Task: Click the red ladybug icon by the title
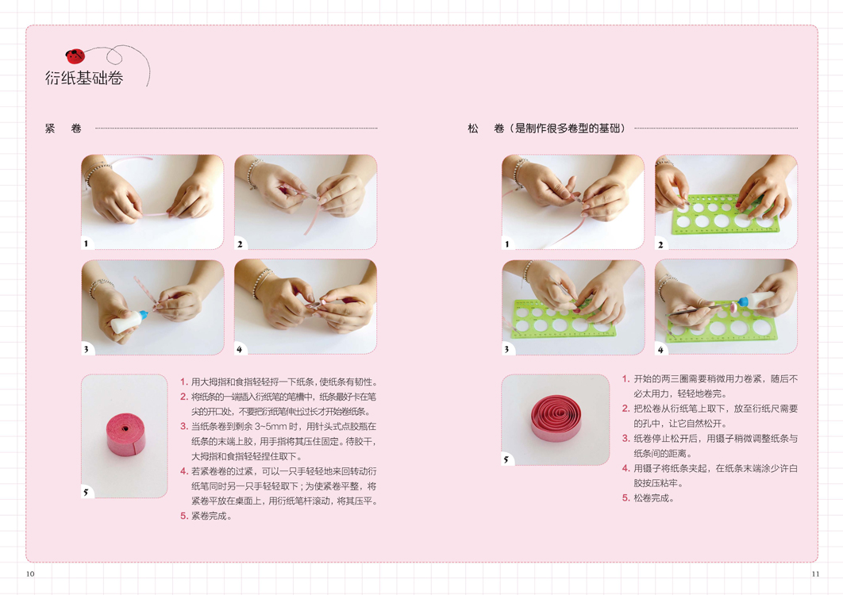coord(75,56)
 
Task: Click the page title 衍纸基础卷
coord(84,79)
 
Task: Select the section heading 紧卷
coord(64,129)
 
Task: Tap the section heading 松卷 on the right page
coord(486,129)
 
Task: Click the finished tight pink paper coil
coord(125,434)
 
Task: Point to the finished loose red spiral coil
coord(556,418)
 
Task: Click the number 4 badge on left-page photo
coord(240,349)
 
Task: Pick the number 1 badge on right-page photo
coord(507,244)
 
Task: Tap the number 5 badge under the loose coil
coord(506,459)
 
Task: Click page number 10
coord(30,574)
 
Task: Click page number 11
coord(815,574)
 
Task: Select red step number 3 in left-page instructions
coord(184,426)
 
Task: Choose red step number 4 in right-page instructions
coord(626,468)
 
